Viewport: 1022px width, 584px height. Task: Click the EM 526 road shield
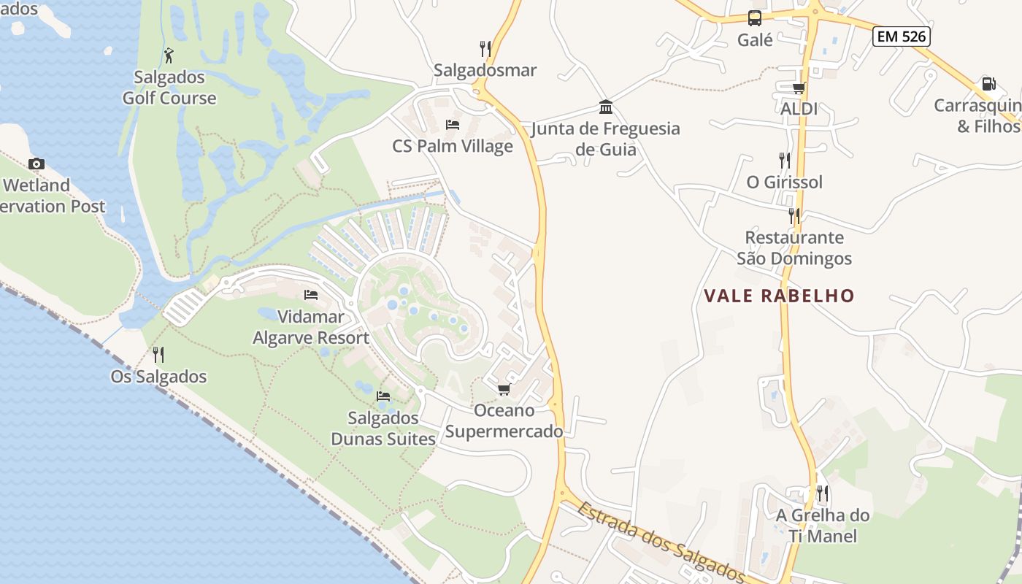click(901, 36)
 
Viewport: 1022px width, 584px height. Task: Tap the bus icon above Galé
click(755, 18)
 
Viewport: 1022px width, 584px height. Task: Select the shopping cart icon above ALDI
click(799, 88)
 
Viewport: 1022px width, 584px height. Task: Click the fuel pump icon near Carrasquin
click(988, 84)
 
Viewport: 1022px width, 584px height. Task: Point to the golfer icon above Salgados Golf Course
click(169, 55)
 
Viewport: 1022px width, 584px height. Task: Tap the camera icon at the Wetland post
click(36, 164)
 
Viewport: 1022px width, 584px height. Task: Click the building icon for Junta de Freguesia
click(605, 107)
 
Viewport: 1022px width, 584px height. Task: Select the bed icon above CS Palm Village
click(453, 124)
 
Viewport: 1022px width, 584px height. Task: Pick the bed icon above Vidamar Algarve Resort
click(311, 295)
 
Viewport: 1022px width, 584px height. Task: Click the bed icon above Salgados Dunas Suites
click(383, 396)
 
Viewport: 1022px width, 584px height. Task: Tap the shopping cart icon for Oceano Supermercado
click(504, 389)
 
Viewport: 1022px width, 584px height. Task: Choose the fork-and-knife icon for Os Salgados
click(158, 355)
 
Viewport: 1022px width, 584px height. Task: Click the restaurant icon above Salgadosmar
click(485, 48)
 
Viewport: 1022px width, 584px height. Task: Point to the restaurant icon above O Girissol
click(784, 160)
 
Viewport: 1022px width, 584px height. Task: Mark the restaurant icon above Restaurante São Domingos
click(794, 215)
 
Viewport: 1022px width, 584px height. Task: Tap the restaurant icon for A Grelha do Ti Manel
click(823, 493)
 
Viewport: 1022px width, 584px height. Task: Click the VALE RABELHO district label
click(779, 296)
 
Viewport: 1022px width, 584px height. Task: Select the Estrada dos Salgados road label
click(661, 542)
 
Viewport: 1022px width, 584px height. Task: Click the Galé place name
click(755, 40)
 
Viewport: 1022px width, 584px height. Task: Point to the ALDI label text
click(799, 109)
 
